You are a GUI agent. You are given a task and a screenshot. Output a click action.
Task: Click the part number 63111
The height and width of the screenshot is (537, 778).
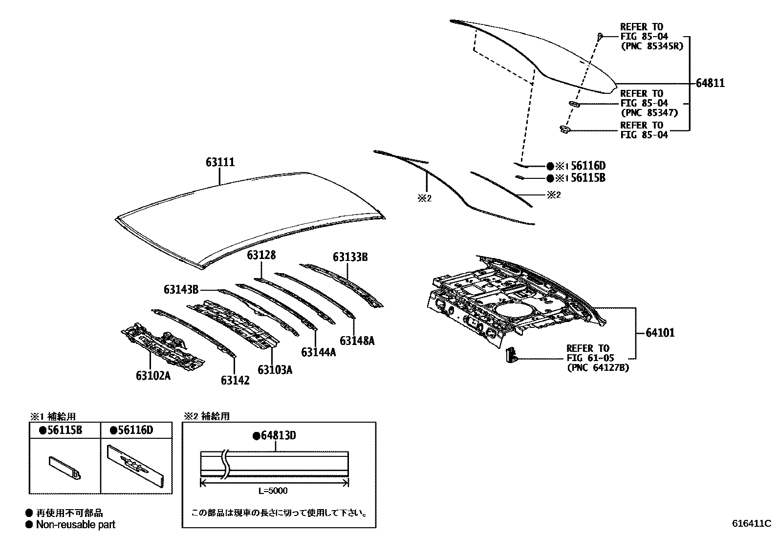coord(220,162)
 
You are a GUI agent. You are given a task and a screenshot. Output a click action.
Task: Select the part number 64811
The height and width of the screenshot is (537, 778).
coord(710,84)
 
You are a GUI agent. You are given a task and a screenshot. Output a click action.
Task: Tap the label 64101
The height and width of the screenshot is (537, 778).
coord(660,333)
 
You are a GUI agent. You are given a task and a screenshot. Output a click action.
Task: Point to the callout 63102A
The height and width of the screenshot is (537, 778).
coord(153,375)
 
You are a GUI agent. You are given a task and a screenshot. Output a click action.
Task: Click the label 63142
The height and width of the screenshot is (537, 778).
coord(235,380)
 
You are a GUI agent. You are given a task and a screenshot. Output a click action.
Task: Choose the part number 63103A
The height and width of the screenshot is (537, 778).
coord(275,369)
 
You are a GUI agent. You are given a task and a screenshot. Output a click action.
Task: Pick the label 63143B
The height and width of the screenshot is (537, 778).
coord(181,290)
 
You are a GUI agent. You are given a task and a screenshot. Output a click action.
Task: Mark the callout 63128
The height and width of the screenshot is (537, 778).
coord(261,255)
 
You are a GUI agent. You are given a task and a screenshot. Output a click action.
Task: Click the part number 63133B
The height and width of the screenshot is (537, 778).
coord(350,257)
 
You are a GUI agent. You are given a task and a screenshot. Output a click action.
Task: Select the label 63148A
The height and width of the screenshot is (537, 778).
coord(357,341)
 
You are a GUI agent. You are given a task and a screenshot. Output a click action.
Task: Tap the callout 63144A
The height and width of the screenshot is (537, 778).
coord(319,352)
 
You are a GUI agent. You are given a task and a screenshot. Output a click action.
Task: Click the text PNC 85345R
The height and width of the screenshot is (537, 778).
coord(651,46)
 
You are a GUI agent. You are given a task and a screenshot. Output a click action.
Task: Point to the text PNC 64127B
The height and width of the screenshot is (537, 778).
coord(598,367)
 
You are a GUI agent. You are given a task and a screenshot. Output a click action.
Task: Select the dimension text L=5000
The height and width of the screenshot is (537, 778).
coord(273,491)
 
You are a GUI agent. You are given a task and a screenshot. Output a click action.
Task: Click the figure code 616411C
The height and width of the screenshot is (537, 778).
coord(751,523)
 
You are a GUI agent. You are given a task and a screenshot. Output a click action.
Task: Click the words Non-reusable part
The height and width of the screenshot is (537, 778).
coord(76,525)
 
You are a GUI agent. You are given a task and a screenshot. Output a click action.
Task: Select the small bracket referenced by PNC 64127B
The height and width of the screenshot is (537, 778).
coord(510,355)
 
